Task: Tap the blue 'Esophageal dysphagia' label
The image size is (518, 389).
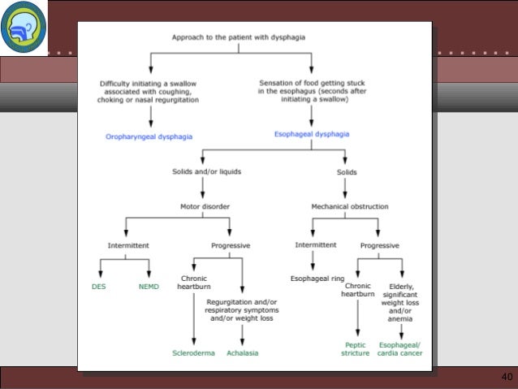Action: (311, 133)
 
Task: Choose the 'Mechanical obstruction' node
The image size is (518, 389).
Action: (349, 205)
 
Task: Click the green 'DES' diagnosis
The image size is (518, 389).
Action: (98, 287)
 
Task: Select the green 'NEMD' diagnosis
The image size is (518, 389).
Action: (149, 287)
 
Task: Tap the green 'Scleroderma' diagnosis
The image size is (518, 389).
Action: (192, 353)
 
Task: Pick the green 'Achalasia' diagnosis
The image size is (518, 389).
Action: (242, 353)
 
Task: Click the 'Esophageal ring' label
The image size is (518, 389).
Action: (317, 278)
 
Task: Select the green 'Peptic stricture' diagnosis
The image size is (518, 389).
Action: (356, 349)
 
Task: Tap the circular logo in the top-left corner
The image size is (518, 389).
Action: (24, 27)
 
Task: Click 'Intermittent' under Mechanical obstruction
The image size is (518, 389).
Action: (316, 244)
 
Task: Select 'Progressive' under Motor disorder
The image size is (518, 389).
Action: (230, 245)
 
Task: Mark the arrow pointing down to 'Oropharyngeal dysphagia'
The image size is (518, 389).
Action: (149, 115)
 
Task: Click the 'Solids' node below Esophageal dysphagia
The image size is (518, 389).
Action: (347, 172)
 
